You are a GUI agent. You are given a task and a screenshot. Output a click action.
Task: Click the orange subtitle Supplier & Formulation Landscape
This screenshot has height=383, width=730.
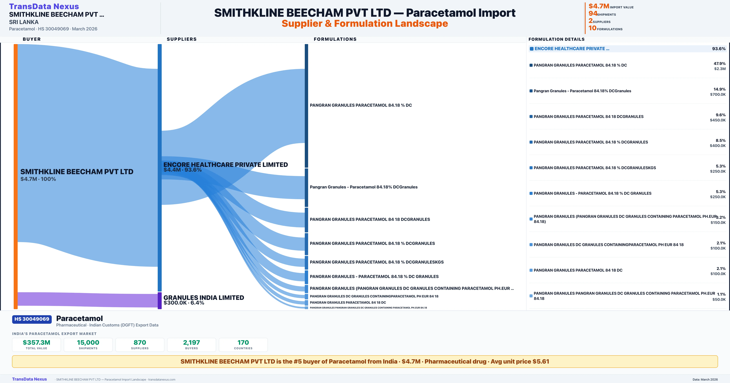point(365,24)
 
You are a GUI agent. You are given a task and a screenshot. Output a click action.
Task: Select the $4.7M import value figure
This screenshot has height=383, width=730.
point(598,6)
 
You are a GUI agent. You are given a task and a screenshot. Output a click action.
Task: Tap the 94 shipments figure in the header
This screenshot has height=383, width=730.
point(593,13)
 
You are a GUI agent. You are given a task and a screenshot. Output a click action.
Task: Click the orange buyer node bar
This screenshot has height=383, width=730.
point(16,176)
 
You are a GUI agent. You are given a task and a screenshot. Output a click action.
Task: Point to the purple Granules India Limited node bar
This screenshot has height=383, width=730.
point(160,301)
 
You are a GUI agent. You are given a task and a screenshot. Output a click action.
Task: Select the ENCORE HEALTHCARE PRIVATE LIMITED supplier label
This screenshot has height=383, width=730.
point(226,165)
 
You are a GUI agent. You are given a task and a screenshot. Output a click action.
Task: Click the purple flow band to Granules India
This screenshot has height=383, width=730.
point(85,299)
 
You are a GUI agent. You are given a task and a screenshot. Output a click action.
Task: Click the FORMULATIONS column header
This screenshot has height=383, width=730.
point(335,39)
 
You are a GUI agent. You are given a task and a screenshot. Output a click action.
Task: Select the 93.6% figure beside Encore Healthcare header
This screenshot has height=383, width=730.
point(719,49)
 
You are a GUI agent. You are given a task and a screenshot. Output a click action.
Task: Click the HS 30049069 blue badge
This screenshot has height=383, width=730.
point(32,319)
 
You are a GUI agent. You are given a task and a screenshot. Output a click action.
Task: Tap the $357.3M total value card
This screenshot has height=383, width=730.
point(36,345)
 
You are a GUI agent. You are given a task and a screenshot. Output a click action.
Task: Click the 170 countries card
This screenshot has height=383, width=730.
point(243,345)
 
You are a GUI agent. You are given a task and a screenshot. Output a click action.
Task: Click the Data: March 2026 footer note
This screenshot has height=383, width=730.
point(705,379)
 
